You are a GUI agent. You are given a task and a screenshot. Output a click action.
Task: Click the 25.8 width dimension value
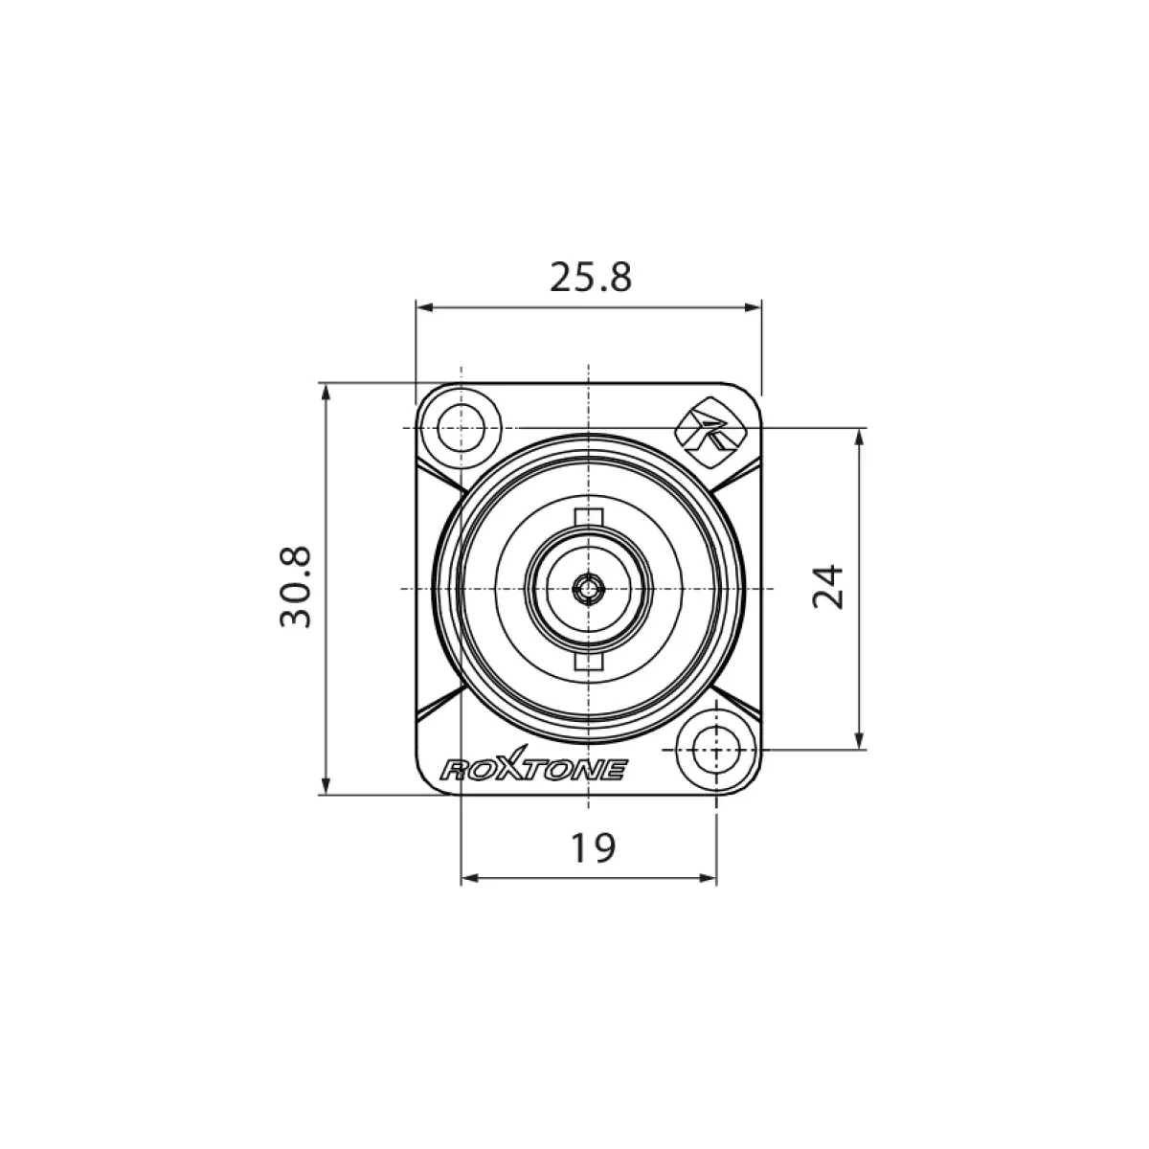click(x=590, y=278)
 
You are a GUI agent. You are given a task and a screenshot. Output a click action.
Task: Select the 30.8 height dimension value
click(x=296, y=587)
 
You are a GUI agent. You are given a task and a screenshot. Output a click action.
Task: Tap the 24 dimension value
click(x=828, y=587)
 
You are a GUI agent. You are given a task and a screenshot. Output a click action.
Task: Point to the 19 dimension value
click(x=594, y=848)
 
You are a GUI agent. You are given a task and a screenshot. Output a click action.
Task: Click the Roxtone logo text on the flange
click(x=533, y=765)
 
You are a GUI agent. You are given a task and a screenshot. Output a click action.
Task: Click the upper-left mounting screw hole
click(x=461, y=428)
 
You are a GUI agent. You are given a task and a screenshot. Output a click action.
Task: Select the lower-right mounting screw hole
click(x=717, y=750)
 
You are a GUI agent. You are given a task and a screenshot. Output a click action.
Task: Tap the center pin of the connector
click(x=589, y=589)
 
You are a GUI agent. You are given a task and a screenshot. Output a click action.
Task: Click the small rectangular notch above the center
click(x=589, y=516)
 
